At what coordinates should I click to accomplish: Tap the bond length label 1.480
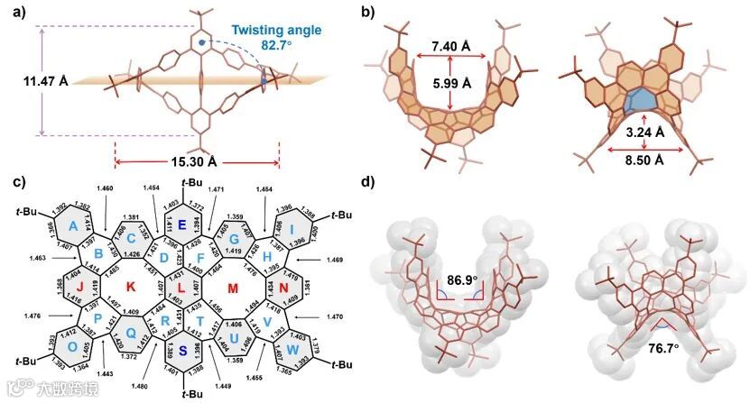coord(139,387)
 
